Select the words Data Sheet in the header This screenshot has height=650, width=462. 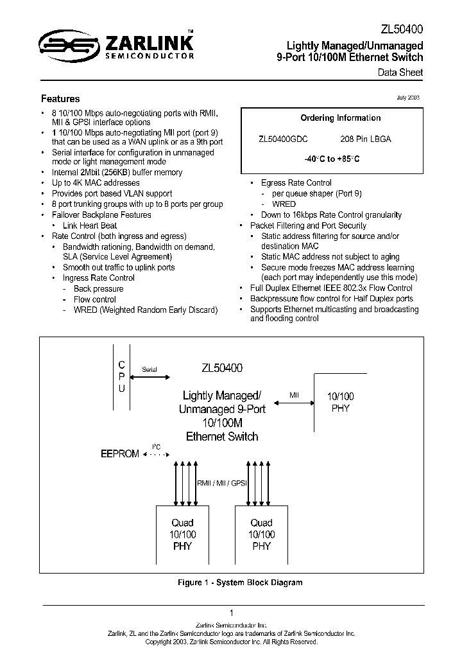tap(400, 73)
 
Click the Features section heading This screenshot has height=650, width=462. tap(60, 99)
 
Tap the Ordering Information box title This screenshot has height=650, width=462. tap(340, 118)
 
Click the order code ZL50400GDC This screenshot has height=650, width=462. tap(283, 139)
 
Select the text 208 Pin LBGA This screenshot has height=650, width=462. tap(365, 139)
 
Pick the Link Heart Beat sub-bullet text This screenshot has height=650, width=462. tap(90, 226)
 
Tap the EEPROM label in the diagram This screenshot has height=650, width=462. tap(119, 454)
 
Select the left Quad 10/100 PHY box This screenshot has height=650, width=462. tap(183, 534)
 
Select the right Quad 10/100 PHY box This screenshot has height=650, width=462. tap(261, 534)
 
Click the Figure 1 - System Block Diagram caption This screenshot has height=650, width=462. tap(239, 583)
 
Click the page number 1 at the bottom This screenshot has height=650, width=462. tap(231, 613)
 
